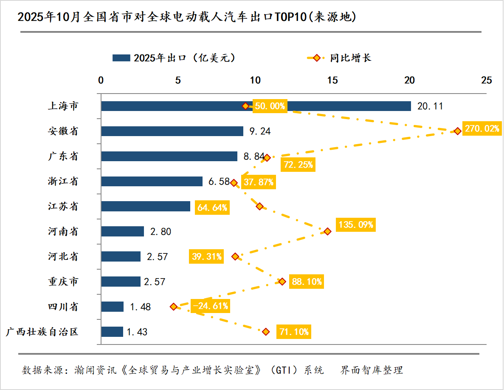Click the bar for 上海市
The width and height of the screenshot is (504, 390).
256,106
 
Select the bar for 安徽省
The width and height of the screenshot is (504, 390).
172,131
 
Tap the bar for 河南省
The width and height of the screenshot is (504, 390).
123,231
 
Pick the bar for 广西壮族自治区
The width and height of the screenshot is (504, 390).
112,332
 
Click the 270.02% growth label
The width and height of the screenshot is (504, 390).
481,129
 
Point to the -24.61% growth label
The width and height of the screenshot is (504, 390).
211,306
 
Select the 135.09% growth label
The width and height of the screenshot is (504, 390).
355,224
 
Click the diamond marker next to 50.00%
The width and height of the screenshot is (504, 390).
245,106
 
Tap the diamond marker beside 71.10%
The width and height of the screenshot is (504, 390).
266,332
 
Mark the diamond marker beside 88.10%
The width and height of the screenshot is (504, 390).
282,282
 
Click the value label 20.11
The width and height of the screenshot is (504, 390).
430,106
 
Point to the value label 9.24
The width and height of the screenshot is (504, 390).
260,131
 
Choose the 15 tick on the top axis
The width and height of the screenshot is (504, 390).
332,80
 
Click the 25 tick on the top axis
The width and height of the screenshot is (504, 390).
486,80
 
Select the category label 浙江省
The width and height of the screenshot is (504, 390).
63,182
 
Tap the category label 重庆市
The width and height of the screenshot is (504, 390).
63,282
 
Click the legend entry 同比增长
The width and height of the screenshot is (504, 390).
350,58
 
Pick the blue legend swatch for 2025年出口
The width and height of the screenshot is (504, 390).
121,58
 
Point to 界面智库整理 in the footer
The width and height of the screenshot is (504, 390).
372,370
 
